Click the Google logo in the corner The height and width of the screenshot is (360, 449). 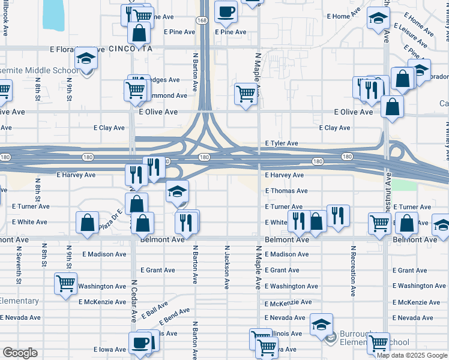pos(20,353)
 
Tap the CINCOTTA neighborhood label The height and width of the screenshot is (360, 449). pos(128,48)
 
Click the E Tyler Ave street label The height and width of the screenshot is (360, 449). pos(282,143)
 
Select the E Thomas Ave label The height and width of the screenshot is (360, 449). pos(286,191)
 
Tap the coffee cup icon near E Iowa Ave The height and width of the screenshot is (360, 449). pos(140,343)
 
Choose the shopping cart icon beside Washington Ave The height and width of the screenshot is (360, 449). pos(65,282)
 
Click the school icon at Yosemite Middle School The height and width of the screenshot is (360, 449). pos(86,58)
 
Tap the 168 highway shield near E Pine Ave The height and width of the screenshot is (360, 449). pos(203,20)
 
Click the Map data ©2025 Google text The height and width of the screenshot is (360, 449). pos(411,355)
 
